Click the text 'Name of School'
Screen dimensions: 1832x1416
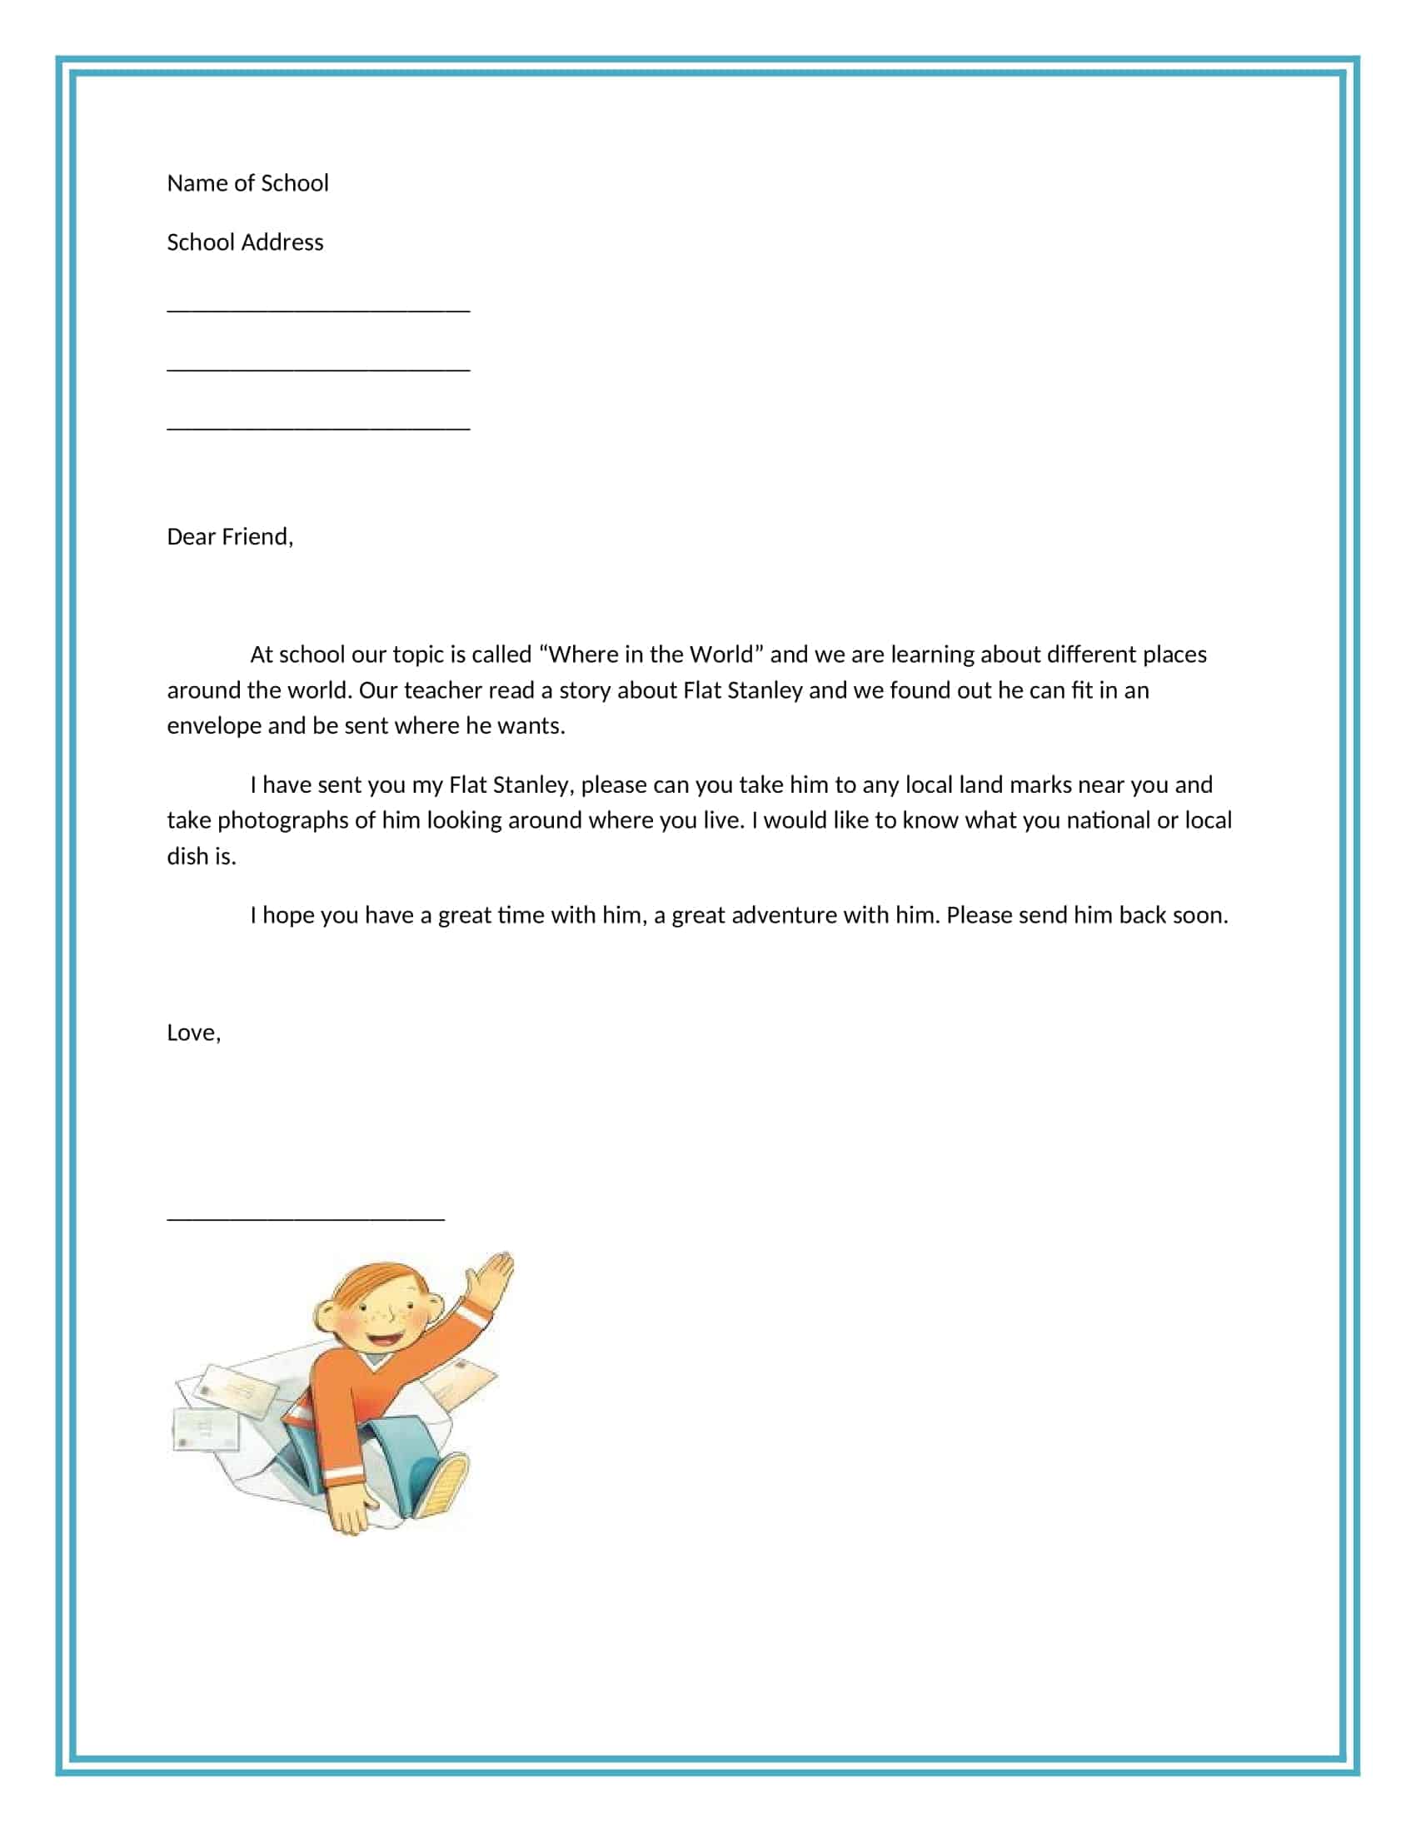247,183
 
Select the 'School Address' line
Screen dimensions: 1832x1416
245,242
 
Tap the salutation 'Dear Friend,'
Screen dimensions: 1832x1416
230,537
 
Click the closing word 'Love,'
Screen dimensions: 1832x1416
194,1033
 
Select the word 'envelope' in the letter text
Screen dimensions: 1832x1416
214,725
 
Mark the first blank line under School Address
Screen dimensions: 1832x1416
318,311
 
